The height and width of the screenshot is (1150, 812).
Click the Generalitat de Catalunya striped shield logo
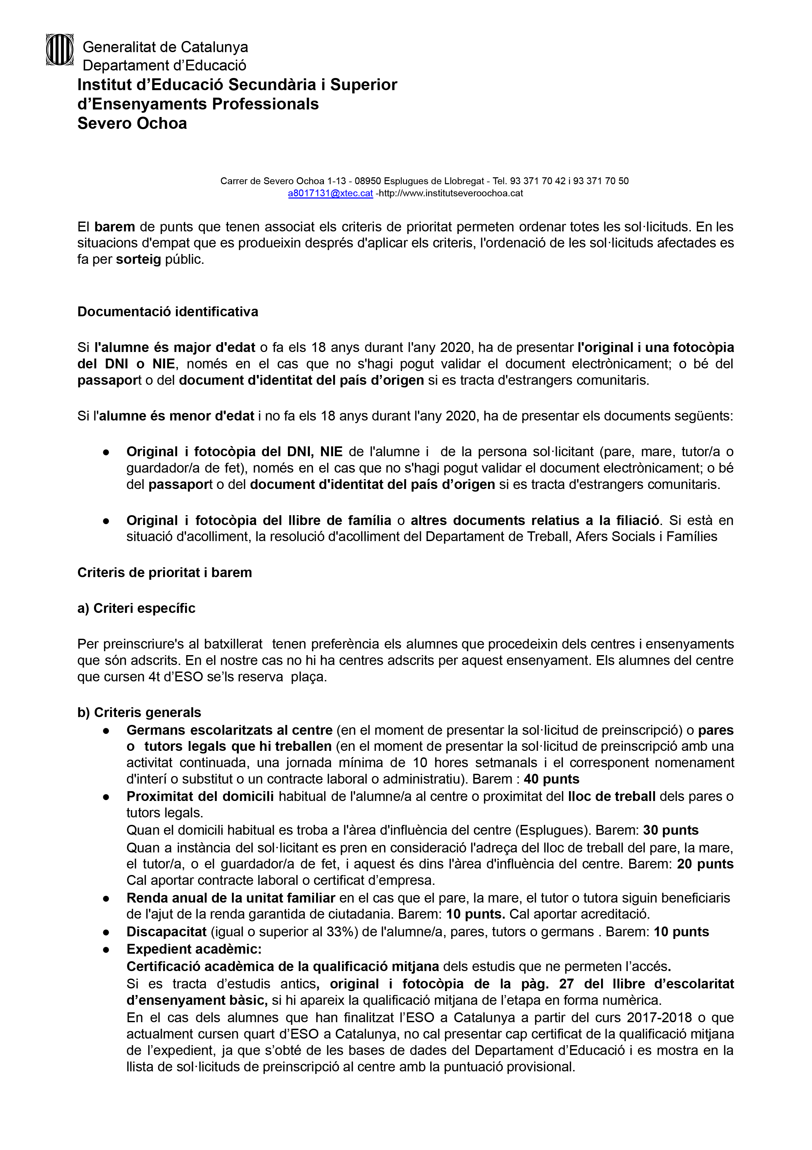tap(60, 49)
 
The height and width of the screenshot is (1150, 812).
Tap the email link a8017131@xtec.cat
tap(330, 193)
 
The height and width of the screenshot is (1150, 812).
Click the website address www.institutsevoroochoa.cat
tap(451, 193)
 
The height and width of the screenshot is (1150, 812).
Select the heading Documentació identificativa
tap(168, 312)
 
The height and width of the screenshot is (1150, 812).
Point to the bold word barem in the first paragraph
tap(115, 227)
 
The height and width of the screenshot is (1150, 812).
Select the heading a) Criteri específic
tap(136, 608)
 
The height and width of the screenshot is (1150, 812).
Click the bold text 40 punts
tap(551, 779)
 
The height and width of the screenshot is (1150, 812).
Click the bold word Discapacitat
tap(166, 932)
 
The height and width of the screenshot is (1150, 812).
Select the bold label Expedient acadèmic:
tap(194, 949)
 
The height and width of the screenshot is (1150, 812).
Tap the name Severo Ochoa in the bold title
tap(132, 123)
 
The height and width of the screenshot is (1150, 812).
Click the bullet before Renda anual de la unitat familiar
tap(106, 899)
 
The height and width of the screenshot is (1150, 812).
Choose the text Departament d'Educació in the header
tap(164, 66)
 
